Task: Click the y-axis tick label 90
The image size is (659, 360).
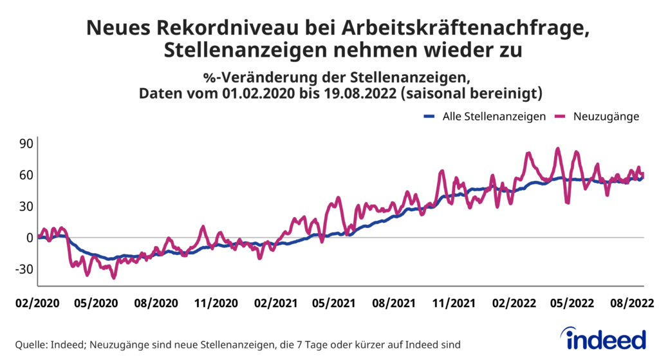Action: pyautogui.click(x=24, y=143)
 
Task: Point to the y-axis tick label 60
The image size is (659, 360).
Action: pyautogui.click(x=24, y=175)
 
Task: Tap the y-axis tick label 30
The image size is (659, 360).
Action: pyautogui.click(x=24, y=206)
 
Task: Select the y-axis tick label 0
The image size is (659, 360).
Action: pyautogui.click(x=29, y=238)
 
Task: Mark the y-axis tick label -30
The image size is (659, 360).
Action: pyautogui.click(x=23, y=269)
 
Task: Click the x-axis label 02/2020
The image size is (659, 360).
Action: pyautogui.click(x=38, y=303)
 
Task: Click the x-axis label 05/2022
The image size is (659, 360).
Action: pyautogui.click(x=570, y=303)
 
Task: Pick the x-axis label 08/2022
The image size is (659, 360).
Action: pyautogui.click(x=629, y=303)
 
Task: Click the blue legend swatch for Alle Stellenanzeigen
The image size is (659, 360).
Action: pyautogui.click(x=430, y=117)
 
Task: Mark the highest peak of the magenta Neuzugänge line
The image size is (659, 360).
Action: pyautogui.click(x=558, y=149)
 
